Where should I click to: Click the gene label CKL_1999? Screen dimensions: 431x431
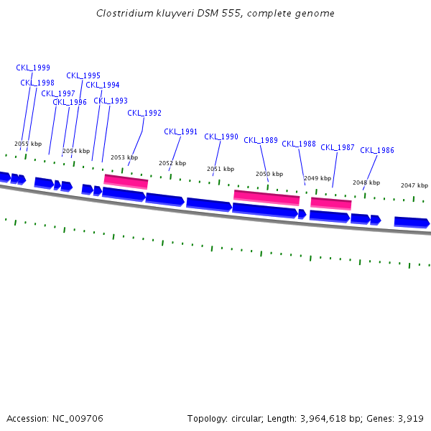pyautogui.click(x=33, y=68)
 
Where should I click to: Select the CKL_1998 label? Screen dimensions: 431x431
pyautogui.click(x=37, y=83)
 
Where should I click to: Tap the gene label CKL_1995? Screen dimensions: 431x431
pyautogui.click(x=83, y=75)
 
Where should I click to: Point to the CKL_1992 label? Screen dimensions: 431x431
pyautogui.click(x=144, y=113)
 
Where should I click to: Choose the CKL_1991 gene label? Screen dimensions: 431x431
pyautogui.click(x=180, y=131)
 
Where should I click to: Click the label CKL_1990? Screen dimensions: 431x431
pyautogui.click(x=221, y=136)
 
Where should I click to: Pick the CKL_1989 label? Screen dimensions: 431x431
pyautogui.click(x=261, y=140)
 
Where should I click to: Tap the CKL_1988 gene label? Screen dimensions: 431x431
pyautogui.click(x=299, y=144)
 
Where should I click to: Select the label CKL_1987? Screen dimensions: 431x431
pyautogui.click(x=338, y=147)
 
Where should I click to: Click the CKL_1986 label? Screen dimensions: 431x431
pyautogui.click(x=377, y=150)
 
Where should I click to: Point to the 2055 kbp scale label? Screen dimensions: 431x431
pyautogui.click(x=28, y=144)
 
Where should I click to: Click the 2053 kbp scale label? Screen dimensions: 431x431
pyautogui.click(x=124, y=157)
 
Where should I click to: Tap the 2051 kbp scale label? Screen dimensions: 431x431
pyautogui.click(x=221, y=169)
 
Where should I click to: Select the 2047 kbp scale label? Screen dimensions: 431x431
pyautogui.click(x=414, y=185)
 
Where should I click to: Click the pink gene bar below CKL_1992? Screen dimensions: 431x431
pyautogui.click(x=126, y=181)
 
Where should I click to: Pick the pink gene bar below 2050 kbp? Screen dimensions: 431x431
pyautogui.click(x=267, y=197)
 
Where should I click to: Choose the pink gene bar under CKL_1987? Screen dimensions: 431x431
pyautogui.click(x=330, y=203)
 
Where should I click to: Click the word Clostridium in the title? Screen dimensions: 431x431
pyautogui.click(x=122, y=13)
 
